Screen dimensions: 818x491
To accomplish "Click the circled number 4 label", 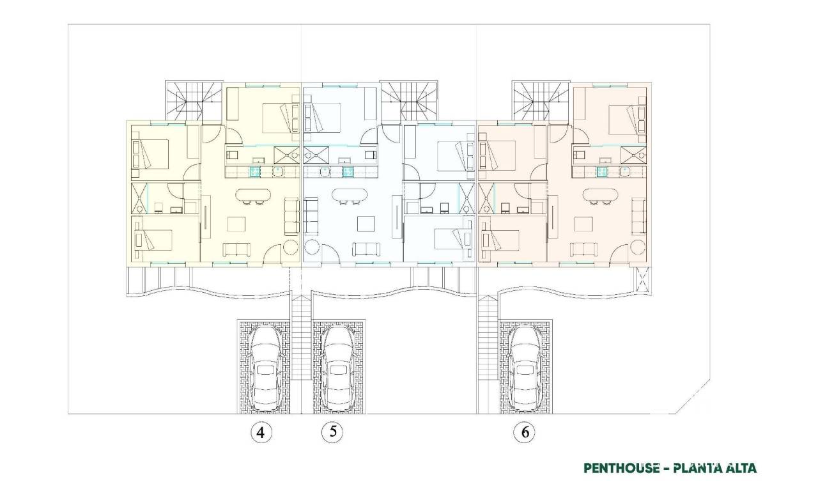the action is tap(261, 433).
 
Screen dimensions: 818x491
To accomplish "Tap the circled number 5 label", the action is tap(332, 432).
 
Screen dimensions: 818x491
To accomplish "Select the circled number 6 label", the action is tap(525, 433).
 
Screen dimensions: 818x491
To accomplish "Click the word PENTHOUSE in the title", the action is tap(621, 468).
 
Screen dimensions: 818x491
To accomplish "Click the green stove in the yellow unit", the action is tap(255, 171).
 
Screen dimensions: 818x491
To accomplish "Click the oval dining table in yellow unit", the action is tap(254, 195).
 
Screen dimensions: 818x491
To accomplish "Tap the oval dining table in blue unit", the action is tap(349, 195).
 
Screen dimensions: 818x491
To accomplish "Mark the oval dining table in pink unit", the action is tap(600, 195).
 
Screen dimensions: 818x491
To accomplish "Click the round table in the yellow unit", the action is tap(291, 247).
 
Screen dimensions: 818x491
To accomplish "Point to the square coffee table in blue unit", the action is tap(366, 224).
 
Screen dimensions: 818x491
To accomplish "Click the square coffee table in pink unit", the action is tap(583, 224).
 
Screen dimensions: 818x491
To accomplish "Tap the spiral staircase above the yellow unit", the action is tap(194, 100).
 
